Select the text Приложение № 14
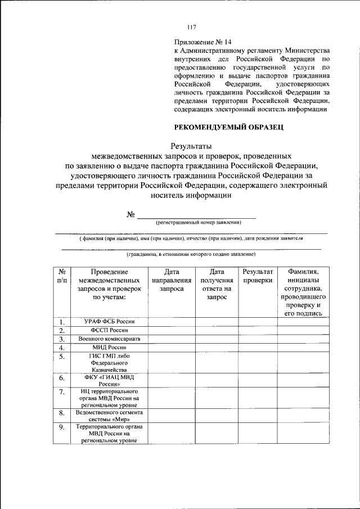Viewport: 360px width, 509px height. click(x=203, y=42)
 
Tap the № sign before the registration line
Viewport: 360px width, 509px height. click(x=132, y=214)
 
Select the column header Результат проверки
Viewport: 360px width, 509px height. click(x=258, y=276)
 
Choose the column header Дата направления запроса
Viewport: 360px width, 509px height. click(x=171, y=280)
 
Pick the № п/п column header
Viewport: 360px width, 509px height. click(x=62, y=276)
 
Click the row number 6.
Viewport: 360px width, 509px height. click(x=62, y=379)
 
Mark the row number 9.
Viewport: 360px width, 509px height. click(x=62, y=427)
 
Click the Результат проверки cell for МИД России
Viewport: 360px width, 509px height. click(x=258, y=348)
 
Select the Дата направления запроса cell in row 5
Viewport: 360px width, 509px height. click(x=171, y=363)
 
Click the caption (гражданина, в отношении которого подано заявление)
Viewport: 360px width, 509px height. click(x=191, y=254)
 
